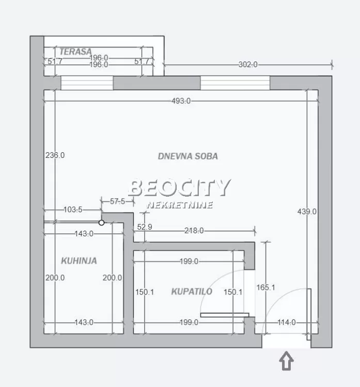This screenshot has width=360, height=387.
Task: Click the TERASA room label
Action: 75,52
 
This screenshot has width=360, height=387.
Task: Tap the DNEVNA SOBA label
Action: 187,156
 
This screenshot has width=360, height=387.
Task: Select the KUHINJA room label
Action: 79,261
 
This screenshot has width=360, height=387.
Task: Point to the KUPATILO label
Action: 192,292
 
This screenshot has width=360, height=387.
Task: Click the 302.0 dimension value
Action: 247,64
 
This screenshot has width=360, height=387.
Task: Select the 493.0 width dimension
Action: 181,101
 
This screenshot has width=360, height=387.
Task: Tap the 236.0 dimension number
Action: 55,155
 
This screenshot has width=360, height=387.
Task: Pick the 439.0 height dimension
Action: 307,212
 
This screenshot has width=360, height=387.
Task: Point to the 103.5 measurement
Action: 72,210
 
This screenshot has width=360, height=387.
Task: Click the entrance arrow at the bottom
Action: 286,361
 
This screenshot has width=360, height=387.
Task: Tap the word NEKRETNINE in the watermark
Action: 179,205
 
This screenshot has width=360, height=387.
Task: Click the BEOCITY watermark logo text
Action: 179,188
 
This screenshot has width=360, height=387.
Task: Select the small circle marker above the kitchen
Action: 102,223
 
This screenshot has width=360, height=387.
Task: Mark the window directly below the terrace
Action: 87,83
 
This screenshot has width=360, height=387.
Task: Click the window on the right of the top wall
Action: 235,83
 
